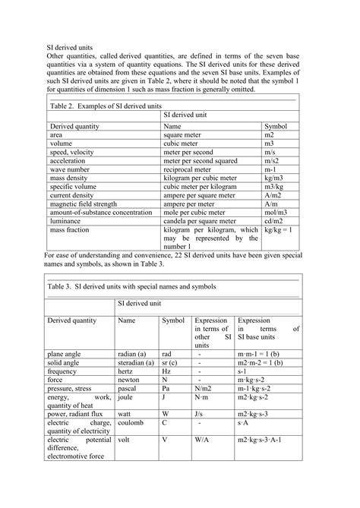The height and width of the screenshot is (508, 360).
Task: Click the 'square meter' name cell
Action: coord(185,134)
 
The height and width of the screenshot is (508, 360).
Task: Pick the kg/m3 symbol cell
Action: coord(274,179)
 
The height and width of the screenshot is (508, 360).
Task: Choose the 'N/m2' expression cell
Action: coord(202,388)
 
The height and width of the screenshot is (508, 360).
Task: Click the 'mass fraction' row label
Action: coord(71,229)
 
